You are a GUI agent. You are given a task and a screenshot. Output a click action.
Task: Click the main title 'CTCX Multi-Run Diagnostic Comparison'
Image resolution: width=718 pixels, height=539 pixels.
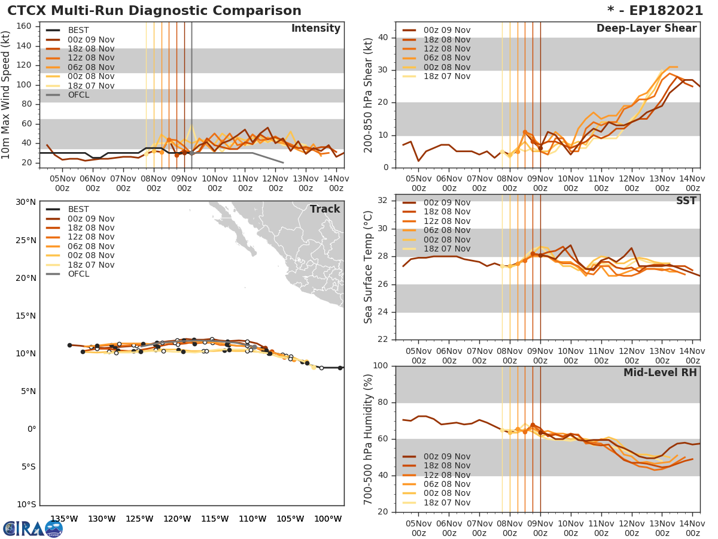pyautogui.click(x=154, y=11)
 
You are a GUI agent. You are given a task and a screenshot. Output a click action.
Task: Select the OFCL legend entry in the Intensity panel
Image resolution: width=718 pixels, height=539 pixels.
pyautogui.click(x=78, y=95)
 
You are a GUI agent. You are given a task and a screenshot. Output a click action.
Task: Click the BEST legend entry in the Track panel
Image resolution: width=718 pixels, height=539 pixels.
pyautogui.click(x=78, y=210)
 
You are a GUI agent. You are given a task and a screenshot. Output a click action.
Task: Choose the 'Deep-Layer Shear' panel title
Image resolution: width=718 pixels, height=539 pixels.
pyautogui.click(x=646, y=29)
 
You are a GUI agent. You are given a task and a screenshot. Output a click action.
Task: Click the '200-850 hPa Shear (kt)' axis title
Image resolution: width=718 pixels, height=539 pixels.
pyautogui.click(x=369, y=95)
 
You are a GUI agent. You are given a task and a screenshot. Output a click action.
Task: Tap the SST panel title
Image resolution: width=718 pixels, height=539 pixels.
pyautogui.click(x=686, y=201)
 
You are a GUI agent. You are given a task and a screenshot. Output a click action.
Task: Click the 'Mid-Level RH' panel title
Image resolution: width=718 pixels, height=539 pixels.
pyautogui.click(x=660, y=373)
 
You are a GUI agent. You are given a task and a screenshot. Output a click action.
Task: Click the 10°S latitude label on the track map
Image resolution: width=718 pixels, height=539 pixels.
pyautogui.click(x=25, y=505)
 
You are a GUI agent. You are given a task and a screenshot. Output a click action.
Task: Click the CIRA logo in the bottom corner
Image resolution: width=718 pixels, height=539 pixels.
pyautogui.click(x=33, y=528)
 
